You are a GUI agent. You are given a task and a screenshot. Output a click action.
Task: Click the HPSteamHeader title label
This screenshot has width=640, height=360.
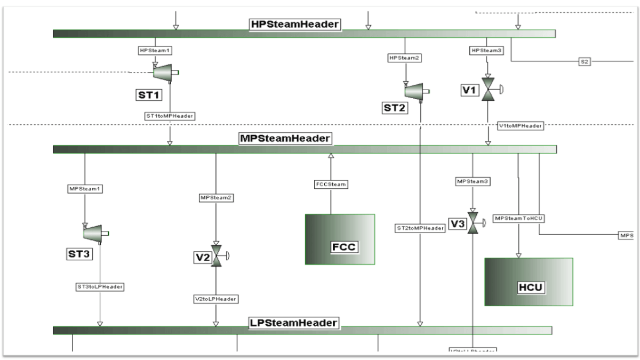coord(295,25)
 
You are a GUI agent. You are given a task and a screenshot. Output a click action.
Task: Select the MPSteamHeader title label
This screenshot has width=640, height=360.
coord(285,138)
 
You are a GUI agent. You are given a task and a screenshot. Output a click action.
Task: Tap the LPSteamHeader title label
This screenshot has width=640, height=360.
coord(293,323)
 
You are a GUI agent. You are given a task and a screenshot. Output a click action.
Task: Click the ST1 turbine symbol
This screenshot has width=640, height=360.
coord(163,72)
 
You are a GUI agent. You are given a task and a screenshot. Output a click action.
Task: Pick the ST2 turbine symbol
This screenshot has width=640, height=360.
coord(414,91)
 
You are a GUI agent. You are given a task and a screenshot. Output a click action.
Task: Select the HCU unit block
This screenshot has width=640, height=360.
coord(528,282)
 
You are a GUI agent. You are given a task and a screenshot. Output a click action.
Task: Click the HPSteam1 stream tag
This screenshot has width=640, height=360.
coord(155,51)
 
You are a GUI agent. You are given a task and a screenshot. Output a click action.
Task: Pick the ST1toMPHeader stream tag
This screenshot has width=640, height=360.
coord(170,115)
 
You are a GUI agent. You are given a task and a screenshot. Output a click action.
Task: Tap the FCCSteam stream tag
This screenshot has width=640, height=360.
coord(330,185)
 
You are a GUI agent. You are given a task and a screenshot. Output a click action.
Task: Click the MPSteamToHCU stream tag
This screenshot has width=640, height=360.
coord(516,218)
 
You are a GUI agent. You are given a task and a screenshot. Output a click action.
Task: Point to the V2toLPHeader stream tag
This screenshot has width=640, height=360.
coord(216,299)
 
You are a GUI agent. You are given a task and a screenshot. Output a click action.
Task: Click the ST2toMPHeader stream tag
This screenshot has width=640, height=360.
coord(420,228)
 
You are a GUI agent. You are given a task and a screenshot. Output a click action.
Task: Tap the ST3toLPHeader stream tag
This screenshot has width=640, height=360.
coord(100,287)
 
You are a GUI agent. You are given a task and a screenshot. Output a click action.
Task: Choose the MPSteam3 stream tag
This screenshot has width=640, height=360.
coord(472,181)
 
